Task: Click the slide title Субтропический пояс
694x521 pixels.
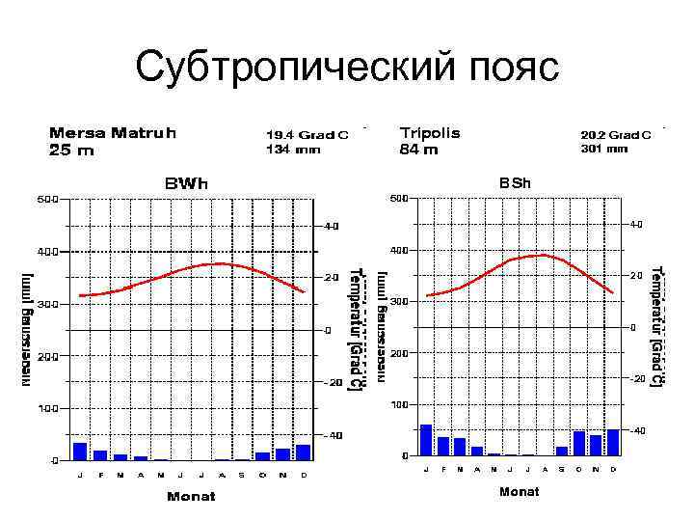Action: (x=347, y=67)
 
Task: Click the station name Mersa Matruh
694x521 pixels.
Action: (x=113, y=132)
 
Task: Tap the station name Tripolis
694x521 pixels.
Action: (x=430, y=132)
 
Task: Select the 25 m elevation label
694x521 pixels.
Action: (x=72, y=151)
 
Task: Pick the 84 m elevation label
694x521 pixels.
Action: (x=418, y=150)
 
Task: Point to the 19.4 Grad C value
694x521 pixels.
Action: (x=307, y=135)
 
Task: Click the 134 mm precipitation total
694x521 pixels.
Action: (x=293, y=150)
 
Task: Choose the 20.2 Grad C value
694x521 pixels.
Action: (x=617, y=135)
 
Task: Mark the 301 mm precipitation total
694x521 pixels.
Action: (x=604, y=149)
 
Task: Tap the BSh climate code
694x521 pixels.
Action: (x=514, y=182)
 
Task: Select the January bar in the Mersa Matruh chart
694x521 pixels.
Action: (x=80, y=452)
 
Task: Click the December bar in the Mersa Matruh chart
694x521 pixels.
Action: (x=304, y=452)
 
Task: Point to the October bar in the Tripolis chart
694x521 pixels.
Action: (x=578, y=443)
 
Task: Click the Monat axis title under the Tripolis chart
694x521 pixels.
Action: (x=519, y=492)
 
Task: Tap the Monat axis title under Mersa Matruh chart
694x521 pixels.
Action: (x=191, y=497)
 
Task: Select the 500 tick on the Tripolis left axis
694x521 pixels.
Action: (x=397, y=199)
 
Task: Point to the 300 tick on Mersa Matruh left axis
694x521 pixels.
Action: (x=47, y=303)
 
